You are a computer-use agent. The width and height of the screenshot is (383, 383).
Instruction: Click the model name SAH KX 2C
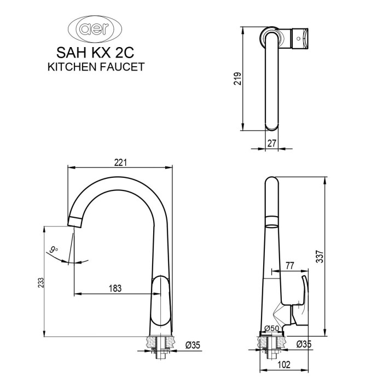click(x=95, y=53)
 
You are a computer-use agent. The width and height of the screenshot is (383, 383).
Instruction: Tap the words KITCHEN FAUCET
click(x=96, y=67)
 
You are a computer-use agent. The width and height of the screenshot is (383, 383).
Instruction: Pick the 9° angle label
click(x=53, y=250)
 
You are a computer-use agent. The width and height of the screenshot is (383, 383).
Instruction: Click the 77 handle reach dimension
click(x=289, y=265)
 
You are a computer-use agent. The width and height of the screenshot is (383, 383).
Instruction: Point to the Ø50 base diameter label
click(x=272, y=328)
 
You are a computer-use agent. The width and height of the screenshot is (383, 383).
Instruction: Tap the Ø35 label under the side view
click(x=304, y=345)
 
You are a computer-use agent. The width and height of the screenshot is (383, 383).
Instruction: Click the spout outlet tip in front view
click(x=75, y=222)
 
